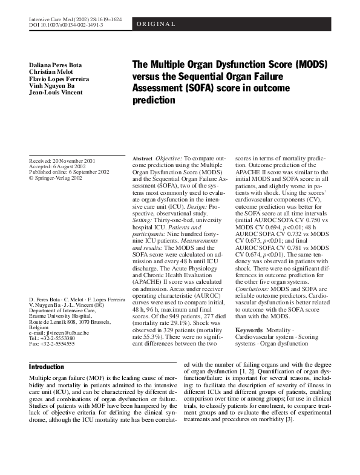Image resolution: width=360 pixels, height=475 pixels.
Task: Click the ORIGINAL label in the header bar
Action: pos(157,24)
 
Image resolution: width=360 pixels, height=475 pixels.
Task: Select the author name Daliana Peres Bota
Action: pos(55,64)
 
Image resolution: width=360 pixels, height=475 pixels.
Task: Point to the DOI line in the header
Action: pos(66,26)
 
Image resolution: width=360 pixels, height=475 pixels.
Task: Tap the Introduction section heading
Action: pos(47,367)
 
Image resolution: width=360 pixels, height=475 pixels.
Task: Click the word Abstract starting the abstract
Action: pos(142,158)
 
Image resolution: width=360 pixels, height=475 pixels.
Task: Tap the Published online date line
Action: pos(69,172)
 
